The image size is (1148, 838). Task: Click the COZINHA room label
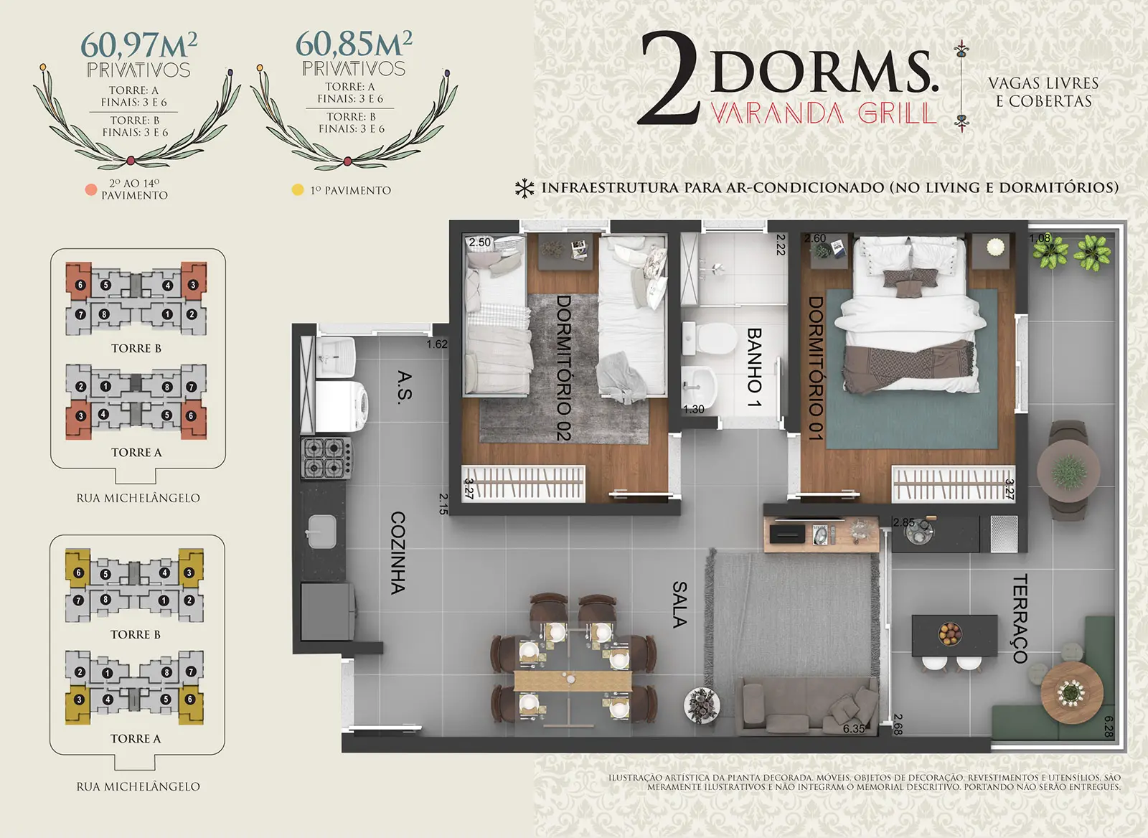click(397, 552)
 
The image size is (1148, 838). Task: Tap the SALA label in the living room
click(679, 604)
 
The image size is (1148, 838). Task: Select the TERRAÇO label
click(1020, 618)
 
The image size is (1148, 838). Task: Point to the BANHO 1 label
click(754, 367)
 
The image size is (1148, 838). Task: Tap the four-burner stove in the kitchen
click(326, 458)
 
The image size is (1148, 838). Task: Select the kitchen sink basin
click(322, 531)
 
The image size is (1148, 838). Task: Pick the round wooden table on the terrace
click(1072, 693)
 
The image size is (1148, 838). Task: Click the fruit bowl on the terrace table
click(950, 634)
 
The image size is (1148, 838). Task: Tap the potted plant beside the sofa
click(702, 705)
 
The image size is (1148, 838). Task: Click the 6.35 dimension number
click(854, 728)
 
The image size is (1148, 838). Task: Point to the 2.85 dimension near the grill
click(903, 522)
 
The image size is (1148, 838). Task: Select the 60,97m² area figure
click(139, 45)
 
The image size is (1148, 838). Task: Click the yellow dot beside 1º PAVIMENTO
click(298, 189)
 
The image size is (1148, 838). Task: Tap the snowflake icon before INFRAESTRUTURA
click(524, 188)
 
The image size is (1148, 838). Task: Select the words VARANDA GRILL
click(824, 114)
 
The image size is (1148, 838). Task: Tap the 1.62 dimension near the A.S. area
click(437, 344)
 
